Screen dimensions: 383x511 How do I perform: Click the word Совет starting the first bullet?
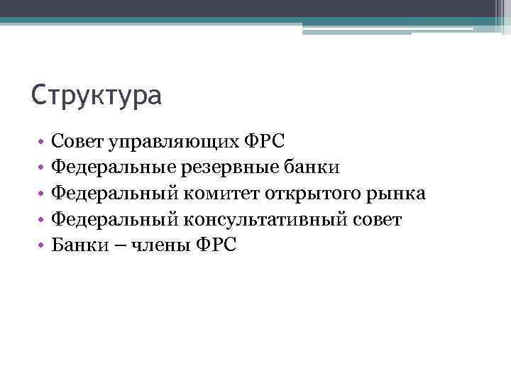click(78, 140)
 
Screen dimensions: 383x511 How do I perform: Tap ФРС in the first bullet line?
click(265, 140)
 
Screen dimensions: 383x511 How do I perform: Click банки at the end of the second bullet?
click(306, 167)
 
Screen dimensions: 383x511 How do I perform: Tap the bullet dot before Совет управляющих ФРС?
click(43, 141)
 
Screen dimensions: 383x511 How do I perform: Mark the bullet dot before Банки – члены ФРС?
click(43, 245)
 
